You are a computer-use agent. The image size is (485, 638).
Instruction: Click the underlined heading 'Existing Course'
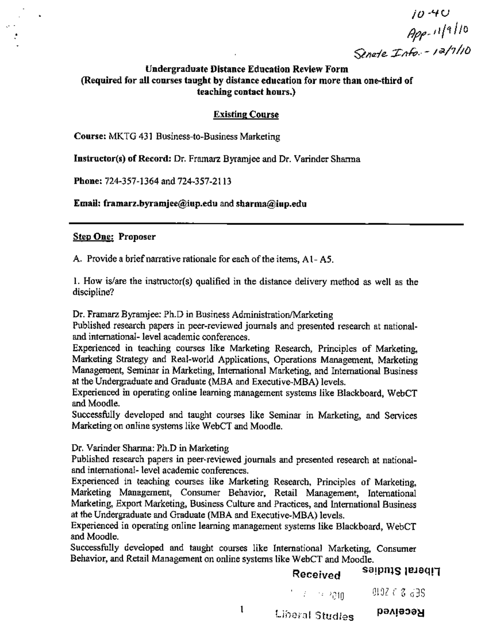[x=246, y=114]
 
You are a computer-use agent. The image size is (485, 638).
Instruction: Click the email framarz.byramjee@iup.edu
[x=160, y=204]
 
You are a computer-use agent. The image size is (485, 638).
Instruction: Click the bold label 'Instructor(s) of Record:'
[x=123, y=159]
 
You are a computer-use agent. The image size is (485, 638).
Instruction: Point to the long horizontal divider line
[x=267, y=224]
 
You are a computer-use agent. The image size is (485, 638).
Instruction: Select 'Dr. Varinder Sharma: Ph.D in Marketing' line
[x=150, y=448]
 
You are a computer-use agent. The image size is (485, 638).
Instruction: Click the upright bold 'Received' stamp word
[x=316, y=575]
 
